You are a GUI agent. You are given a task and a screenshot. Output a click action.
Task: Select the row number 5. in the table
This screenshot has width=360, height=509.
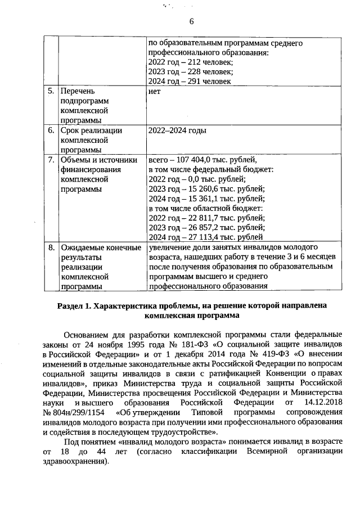click(x=51, y=91)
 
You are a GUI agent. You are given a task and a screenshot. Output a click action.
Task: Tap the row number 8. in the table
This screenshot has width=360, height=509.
click(x=51, y=247)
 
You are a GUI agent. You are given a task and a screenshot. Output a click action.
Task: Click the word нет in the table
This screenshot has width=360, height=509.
click(x=155, y=91)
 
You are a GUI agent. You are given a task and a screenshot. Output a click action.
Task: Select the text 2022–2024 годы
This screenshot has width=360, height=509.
click(x=177, y=130)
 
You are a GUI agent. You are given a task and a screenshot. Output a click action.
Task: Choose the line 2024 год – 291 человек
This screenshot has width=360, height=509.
click(x=190, y=81)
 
